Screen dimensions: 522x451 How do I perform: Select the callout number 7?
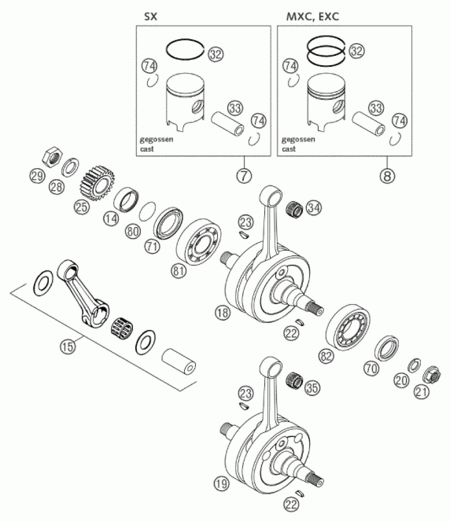(x=244, y=176)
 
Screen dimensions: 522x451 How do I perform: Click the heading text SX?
(x=150, y=17)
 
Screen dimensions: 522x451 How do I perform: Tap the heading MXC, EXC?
(x=313, y=17)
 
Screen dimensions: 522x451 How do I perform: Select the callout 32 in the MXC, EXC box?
(x=356, y=51)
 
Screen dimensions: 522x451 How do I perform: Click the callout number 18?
(x=223, y=313)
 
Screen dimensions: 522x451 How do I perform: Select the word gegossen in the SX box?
(x=156, y=139)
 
